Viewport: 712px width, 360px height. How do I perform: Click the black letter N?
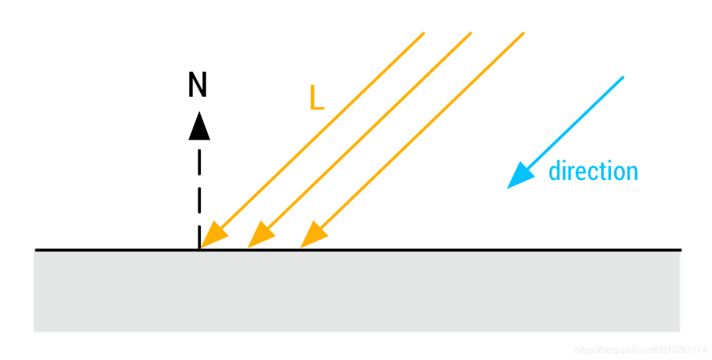pos(198,85)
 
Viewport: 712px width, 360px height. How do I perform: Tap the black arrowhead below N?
pos(199,126)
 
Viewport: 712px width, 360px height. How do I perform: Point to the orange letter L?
pos(316,98)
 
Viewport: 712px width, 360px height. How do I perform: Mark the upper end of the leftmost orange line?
pos(423,32)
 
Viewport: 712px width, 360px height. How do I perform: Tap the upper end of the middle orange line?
pos(471,32)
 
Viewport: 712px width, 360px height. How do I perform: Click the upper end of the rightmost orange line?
pos(523,32)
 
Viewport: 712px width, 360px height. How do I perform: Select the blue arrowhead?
pos(519,175)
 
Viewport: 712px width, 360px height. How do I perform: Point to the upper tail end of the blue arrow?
pos(622,77)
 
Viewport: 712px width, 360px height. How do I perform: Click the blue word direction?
pos(593,171)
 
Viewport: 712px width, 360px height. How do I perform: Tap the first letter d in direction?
pos(555,171)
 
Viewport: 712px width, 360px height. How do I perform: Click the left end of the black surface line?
pos(36,250)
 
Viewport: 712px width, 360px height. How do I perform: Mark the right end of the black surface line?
pos(680,250)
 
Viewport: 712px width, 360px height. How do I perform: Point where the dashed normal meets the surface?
pos(199,249)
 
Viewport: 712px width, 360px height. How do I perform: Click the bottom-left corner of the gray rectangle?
pos(35,330)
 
